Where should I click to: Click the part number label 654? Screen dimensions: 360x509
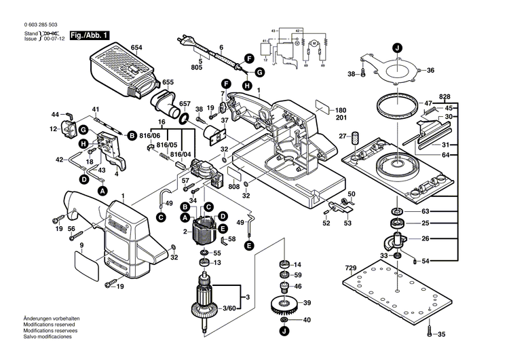[136, 47]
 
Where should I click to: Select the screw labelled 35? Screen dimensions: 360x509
[430, 332]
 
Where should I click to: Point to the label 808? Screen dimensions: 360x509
[234, 187]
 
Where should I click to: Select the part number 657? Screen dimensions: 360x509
[185, 104]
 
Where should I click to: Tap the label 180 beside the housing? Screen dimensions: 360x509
[340, 110]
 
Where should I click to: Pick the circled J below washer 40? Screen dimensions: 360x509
[284, 332]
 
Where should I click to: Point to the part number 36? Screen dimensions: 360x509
[430, 71]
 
